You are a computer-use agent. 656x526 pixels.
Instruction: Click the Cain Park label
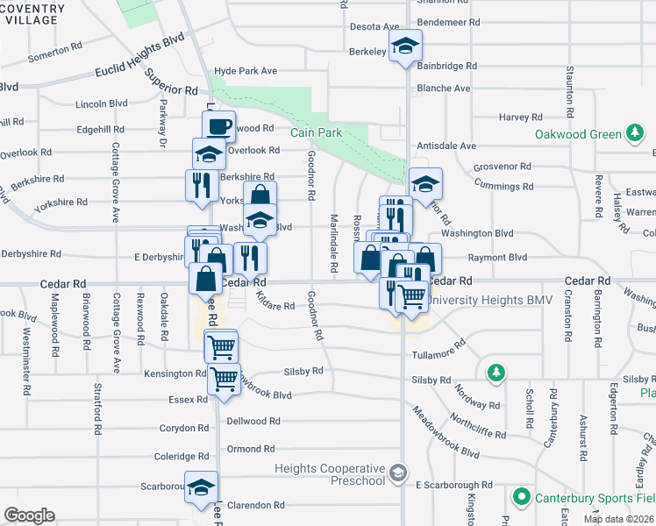[x=316, y=132]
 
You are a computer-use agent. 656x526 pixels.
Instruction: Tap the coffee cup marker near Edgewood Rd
[x=218, y=124]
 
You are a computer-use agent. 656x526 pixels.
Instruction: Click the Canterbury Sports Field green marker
[x=521, y=497]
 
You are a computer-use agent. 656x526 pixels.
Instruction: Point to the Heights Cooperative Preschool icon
[x=398, y=474]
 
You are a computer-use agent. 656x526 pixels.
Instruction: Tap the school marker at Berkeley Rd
[x=406, y=46]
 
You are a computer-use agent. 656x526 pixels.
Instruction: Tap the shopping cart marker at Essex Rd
[x=224, y=380]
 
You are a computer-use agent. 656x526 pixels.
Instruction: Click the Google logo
[x=29, y=515]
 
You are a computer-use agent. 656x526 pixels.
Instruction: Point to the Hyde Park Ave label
[x=246, y=70]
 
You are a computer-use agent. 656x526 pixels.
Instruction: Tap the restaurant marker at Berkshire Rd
[x=202, y=184]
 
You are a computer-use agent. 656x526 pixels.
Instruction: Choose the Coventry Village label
[x=32, y=15]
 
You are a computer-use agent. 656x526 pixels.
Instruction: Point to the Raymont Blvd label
[x=497, y=258]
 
